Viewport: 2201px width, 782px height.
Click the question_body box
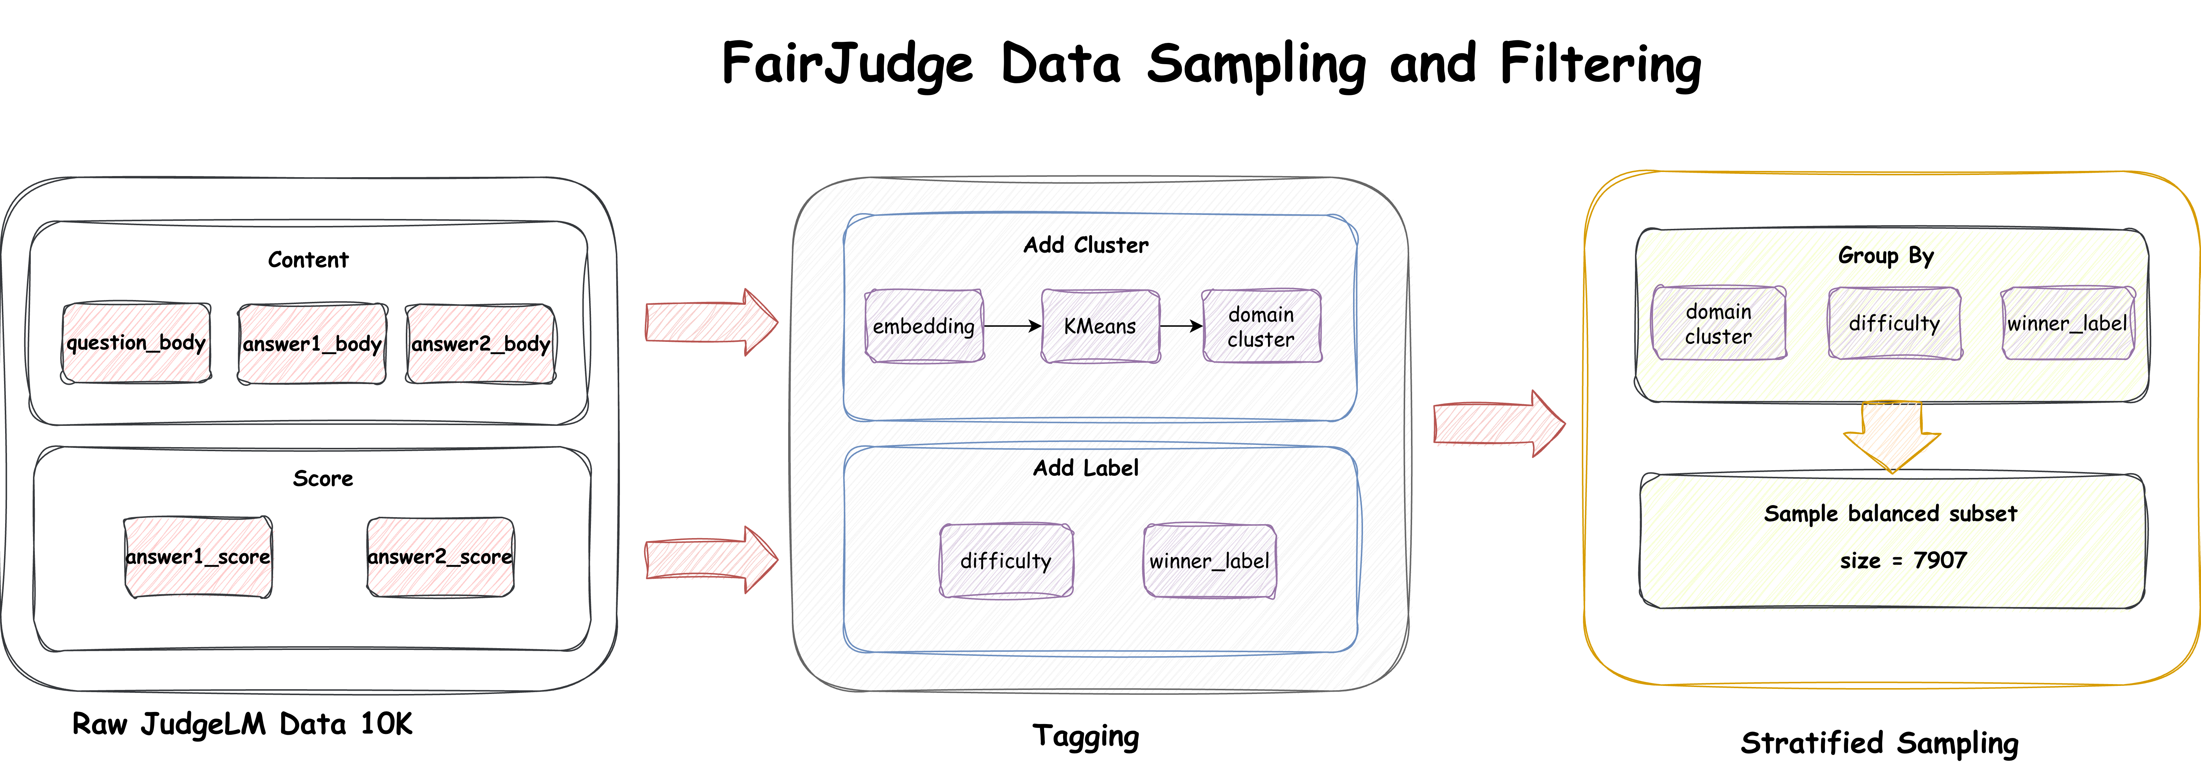pyautogui.click(x=136, y=343)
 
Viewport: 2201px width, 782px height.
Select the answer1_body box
pyautogui.click(x=312, y=344)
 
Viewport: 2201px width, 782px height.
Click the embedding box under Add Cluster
pyautogui.click(x=925, y=326)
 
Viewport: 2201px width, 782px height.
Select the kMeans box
pyautogui.click(x=1100, y=326)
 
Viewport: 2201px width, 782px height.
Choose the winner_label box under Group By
pyautogui.click(x=2068, y=323)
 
